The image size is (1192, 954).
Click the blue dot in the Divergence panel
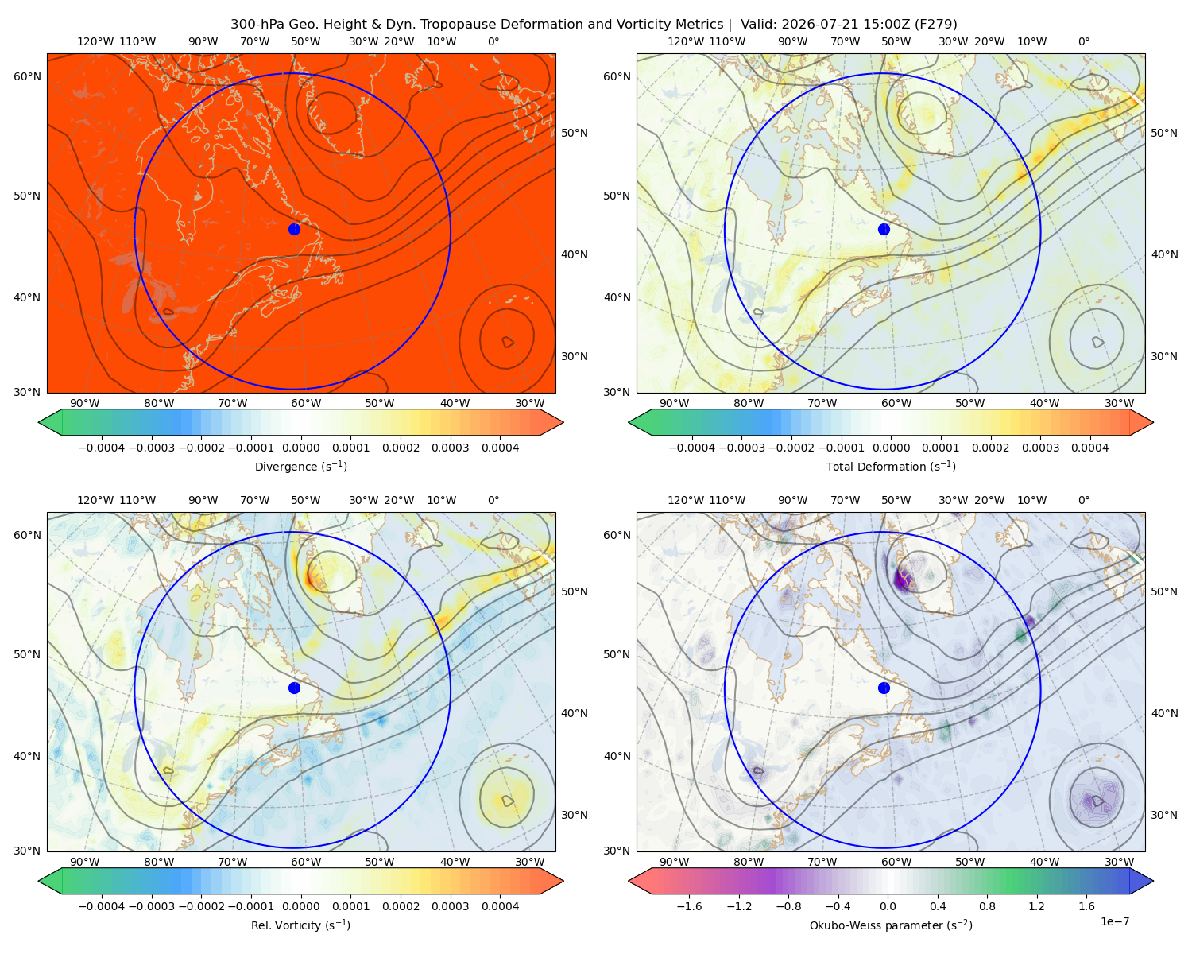(x=294, y=229)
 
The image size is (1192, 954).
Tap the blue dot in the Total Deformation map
(x=884, y=229)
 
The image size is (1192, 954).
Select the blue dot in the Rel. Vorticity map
(x=294, y=688)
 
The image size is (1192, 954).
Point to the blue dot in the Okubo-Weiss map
(x=884, y=688)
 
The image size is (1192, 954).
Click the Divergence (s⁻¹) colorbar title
(x=300, y=466)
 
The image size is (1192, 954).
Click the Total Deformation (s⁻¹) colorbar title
(x=891, y=466)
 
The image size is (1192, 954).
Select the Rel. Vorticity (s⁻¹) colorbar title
(x=300, y=925)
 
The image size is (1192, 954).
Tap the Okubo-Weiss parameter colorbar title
(x=891, y=925)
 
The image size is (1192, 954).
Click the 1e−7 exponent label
(x=1114, y=921)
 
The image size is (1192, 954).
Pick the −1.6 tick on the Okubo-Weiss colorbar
(x=689, y=906)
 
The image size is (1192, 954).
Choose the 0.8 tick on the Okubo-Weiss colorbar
(x=987, y=906)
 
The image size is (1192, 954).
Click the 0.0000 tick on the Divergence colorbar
(x=300, y=448)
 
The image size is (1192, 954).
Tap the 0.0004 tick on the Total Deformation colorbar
(x=1089, y=448)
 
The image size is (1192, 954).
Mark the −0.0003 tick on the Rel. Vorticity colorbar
(x=151, y=906)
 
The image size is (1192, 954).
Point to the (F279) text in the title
(x=936, y=25)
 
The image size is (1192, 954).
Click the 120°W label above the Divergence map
(x=95, y=41)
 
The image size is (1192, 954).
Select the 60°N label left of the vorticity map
(x=27, y=535)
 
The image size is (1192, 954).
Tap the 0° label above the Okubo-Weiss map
(x=1083, y=500)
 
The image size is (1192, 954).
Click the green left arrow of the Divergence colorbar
(x=50, y=422)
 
